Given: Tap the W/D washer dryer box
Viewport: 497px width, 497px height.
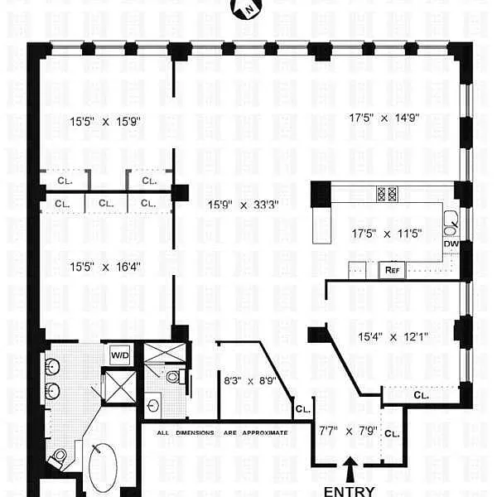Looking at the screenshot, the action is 120,355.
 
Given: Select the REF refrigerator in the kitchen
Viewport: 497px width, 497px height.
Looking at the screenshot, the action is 392,270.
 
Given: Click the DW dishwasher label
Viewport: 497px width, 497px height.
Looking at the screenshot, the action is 451,244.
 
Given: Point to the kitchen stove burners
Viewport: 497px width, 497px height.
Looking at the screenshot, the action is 387,194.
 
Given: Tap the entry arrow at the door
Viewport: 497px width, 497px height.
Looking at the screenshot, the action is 350,470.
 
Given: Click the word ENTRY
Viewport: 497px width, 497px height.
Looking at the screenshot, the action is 350,491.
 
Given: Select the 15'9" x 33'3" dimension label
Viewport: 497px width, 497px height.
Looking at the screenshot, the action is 243,205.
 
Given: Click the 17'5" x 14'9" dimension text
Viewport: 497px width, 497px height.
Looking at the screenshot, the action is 384,118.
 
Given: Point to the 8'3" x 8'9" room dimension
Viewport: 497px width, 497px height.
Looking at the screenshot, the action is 250,380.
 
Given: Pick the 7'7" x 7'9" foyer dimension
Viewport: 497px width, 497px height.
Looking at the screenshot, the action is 348,431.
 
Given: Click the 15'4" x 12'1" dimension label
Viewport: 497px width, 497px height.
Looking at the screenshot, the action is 393,336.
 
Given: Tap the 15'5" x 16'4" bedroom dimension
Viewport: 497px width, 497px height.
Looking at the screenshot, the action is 105,267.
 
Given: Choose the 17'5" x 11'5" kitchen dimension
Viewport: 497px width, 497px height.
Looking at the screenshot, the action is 387,234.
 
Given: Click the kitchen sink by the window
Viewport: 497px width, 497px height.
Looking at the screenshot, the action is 451,223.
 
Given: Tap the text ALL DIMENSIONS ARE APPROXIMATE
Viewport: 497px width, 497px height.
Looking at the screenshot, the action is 223,432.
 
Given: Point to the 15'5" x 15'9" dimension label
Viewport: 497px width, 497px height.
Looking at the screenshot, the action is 105,122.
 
